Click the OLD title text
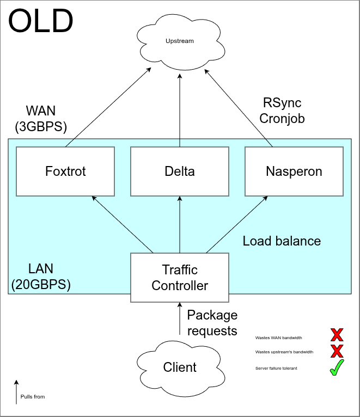pos(41,22)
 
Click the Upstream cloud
pos(180,41)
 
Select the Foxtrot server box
pos(65,171)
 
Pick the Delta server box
pos(180,171)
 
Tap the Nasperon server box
pos(294,171)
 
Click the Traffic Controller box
pos(180,278)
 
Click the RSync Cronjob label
pos(282,111)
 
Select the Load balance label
pos(282,241)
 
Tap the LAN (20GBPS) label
pos(41,276)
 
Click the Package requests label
pos(212,323)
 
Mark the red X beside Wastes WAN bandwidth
pos(337,335)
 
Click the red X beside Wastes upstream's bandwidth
pos(337,352)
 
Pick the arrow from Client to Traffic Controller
pos(180,319)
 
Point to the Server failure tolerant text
pos(276,369)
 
